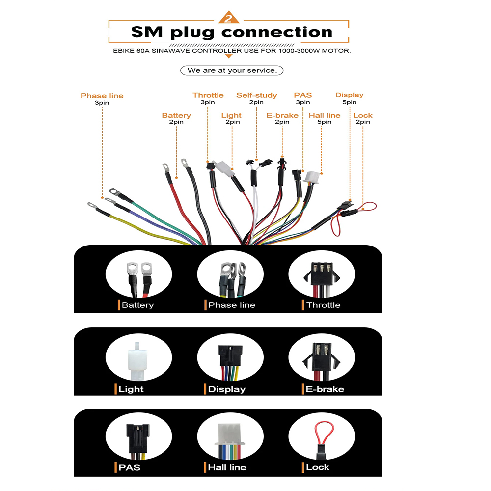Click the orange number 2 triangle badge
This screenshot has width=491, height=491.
tap(228, 18)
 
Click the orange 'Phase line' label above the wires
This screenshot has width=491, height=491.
tap(102, 96)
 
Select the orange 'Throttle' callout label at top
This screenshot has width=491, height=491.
tap(208, 95)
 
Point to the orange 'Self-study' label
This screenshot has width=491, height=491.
tap(256, 95)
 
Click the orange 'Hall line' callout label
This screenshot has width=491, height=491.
tap(324, 115)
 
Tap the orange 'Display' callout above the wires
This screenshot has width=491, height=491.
tap(349, 95)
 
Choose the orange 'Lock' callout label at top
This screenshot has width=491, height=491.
tap(363, 115)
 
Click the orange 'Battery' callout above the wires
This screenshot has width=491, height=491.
tap(176, 115)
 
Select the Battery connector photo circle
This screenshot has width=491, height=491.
tap(139, 277)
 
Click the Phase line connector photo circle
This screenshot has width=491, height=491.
tap(230, 277)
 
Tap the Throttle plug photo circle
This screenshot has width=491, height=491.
tap(321, 277)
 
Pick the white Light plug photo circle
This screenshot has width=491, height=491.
tap(139, 360)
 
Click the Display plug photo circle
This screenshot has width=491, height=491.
tap(230, 360)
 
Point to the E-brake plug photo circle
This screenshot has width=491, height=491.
tap(321, 360)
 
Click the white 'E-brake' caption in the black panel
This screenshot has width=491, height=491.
tap(325, 389)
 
